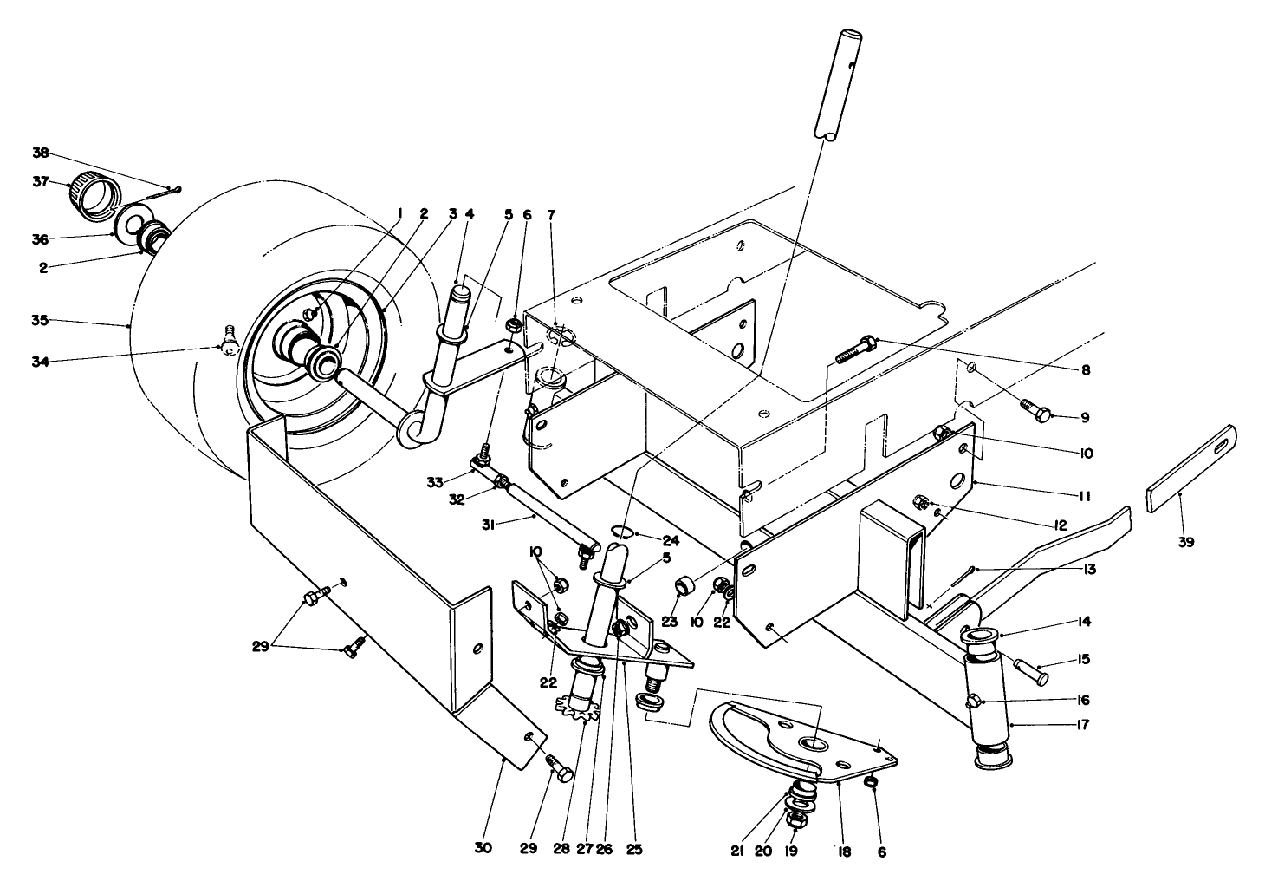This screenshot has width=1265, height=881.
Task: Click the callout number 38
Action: pyautogui.click(x=41, y=153)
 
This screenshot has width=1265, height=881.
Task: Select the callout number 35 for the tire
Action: pyautogui.click(x=41, y=321)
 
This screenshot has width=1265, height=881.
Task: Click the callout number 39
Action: pyautogui.click(x=1185, y=542)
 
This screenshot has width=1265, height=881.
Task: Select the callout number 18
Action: pyautogui.click(x=845, y=852)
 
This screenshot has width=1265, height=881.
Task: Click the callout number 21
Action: pyautogui.click(x=737, y=852)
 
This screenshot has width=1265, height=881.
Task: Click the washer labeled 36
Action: pyautogui.click(x=135, y=227)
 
